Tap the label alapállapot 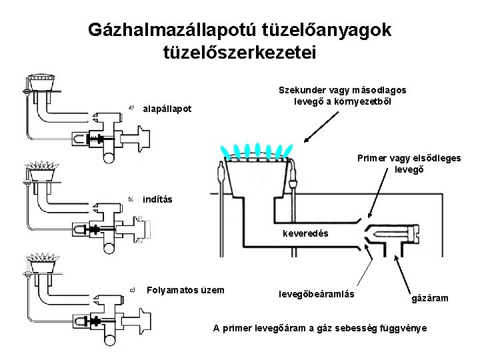[x=167, y=109]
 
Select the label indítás [x=157, y=200]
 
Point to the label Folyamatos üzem [x=185, y=290]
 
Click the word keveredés [x=305, y=234]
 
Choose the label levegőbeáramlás [x=316, y=293]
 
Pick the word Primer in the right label [x=372, y=158]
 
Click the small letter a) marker [x=131, y=104]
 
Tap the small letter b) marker [x=131, y=198]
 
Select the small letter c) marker [x=132, y=289]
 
